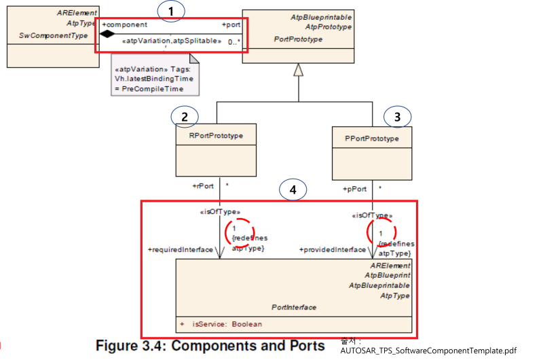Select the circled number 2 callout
click(184, 116)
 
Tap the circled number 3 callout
click(397, 117)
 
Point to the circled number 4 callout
click(293, 191)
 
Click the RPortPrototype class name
click(216, 135)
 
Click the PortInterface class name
click(294, 307)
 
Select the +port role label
click(231, 24)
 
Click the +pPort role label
click(355, 189)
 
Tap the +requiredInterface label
click(180, 250)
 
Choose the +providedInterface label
click(333, 250)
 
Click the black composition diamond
click(107, 33)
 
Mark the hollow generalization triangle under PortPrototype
click(297, 69)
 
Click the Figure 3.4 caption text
click(210, 346)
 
